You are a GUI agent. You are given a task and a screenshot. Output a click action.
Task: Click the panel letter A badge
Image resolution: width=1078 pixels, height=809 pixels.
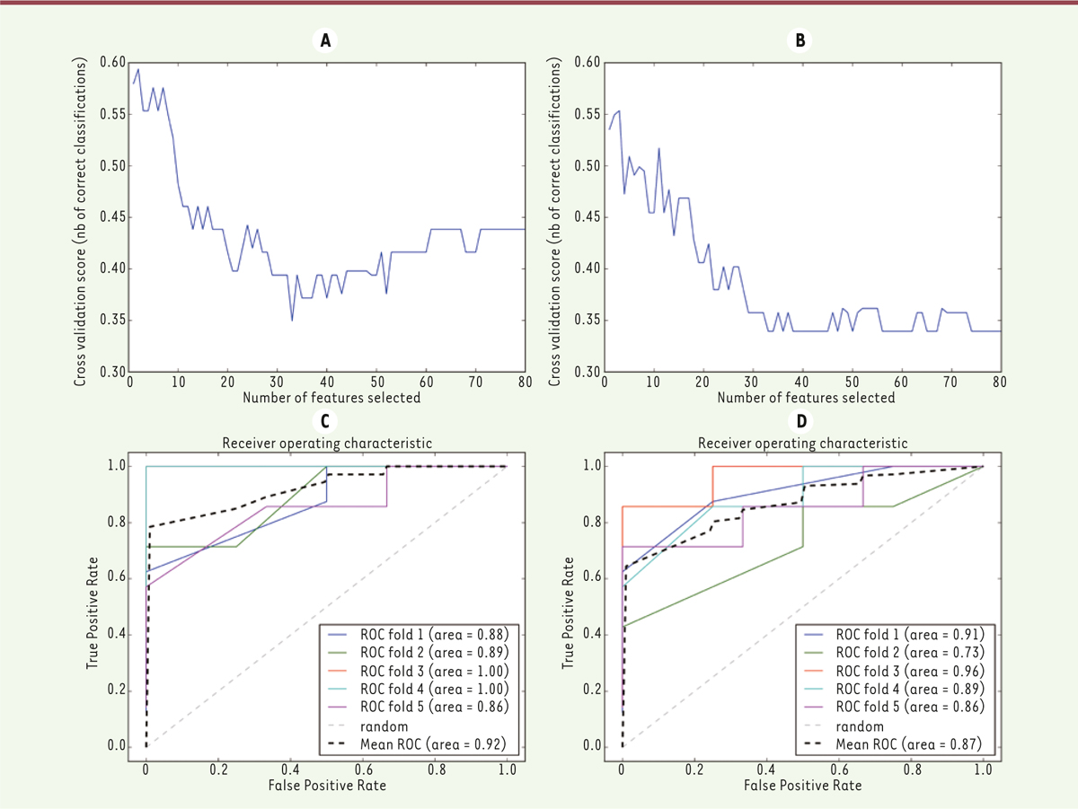pyautogui.click(x=324, y=40)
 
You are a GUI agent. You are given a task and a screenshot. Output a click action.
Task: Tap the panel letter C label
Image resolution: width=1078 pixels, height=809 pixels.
pyautogui.click(x=324, y=420)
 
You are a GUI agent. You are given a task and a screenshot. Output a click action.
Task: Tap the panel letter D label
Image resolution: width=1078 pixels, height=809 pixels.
pyautogui.click(x=800, y=420)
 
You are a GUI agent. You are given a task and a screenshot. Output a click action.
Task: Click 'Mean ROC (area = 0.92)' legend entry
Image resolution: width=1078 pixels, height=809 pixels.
pyautogui.click(x=435, y=745)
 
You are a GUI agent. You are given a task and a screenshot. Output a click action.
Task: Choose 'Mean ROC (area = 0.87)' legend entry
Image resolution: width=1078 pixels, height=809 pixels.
pyautogui.click(x=911, y=745)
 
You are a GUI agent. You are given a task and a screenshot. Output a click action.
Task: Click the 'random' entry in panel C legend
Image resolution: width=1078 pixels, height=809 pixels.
pyautogui.click(x=393, y=726)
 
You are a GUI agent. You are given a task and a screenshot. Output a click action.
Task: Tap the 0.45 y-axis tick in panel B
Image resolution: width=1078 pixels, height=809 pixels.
pyautogui.click(x=587, y=216)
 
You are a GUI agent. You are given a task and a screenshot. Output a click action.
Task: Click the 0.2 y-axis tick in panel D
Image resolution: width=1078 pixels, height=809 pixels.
pyautogui.click(x=592, y=690)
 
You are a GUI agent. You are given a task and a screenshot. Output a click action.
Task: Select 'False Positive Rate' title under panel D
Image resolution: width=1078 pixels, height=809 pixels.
pyautogui.click(x=801, y=784)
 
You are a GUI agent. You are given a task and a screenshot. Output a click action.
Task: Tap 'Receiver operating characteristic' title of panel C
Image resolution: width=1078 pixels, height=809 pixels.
pyautogui.click(x=326, y=443)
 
